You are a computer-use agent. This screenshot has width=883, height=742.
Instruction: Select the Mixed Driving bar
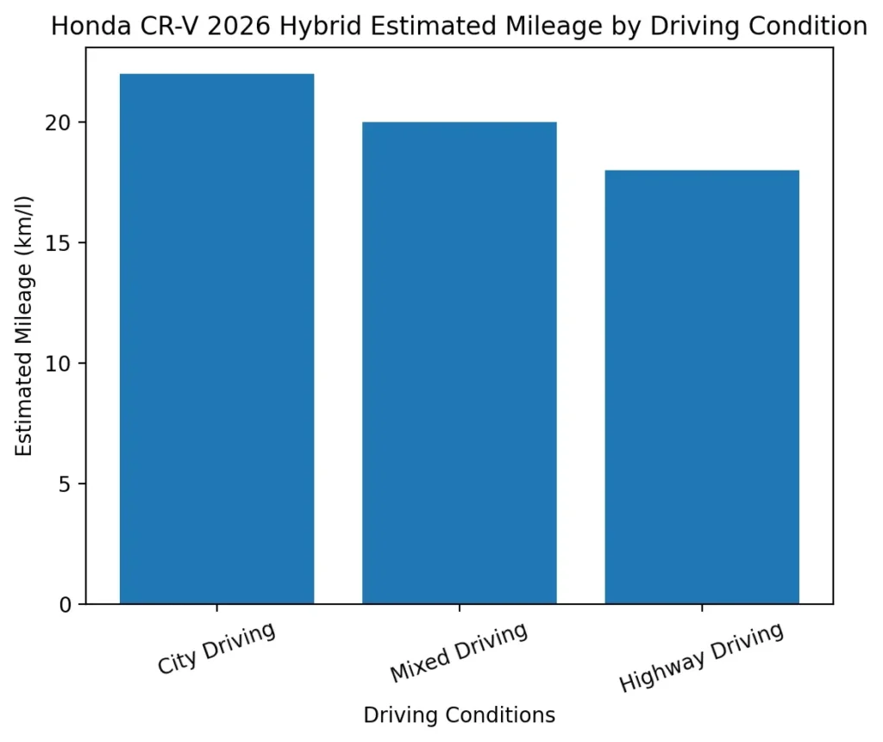click(x=459, y=363)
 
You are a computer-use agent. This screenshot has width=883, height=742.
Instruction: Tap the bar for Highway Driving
click(x=702, y=387)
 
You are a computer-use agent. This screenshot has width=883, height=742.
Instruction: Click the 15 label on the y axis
click(x=64, y=243)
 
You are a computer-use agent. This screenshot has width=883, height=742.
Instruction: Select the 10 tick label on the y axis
click(x=64, y=364)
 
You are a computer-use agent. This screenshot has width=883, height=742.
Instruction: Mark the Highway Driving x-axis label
click(x=701, y=657)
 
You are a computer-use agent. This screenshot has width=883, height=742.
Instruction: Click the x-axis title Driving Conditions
click(x=459, y=715)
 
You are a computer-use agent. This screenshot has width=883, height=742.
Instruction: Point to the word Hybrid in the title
click(x=297, y=27)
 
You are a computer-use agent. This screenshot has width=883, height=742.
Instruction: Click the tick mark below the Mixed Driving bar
click(x=459, y=609)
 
